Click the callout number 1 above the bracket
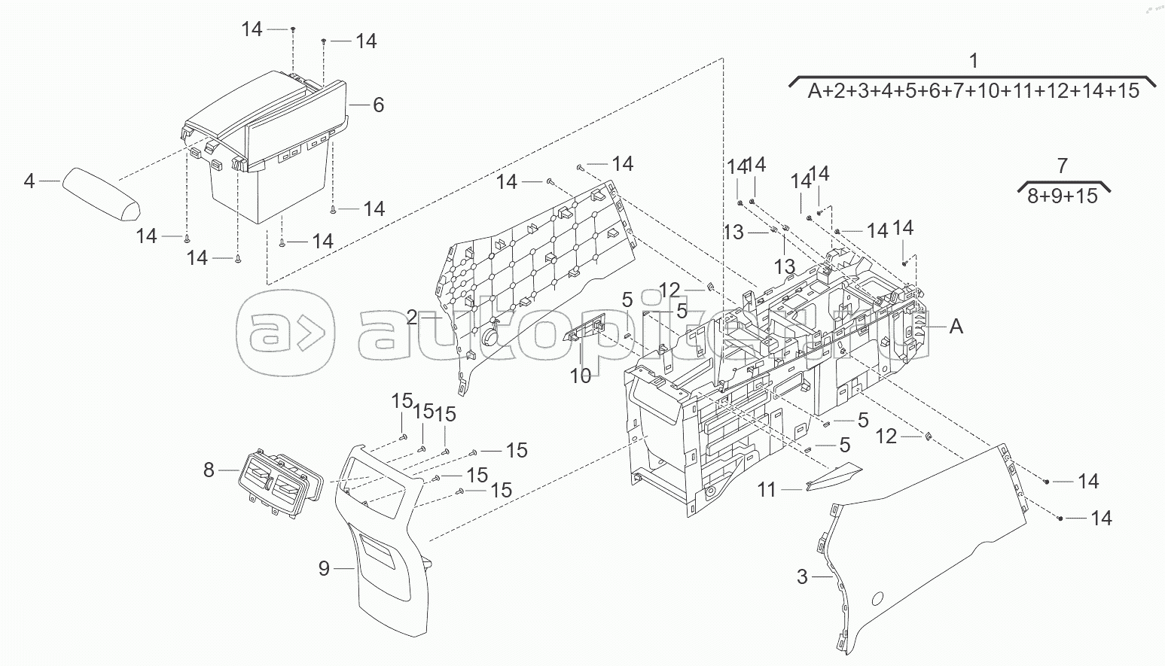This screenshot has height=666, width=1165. click(x=973, y=61)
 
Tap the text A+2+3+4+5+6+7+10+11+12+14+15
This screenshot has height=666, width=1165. click(x=973, y=91)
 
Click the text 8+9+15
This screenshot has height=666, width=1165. click(x=1062, y=196)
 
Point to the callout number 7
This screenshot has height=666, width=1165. click(x=1062, y=166)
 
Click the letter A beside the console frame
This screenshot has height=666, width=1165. click(x=956, y=327)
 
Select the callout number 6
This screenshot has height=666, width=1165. click(x=378, y=105)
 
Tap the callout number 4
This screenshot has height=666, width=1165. click(x=29, y=181)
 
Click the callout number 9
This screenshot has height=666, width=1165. click(x=324, y=568)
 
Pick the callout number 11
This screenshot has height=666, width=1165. click(x=766, y=490)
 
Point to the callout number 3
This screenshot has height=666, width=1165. click(x=802, y=577)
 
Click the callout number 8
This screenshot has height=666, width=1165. click(x=209, y=470)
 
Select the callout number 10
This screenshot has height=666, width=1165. click(x=580, y=376)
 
